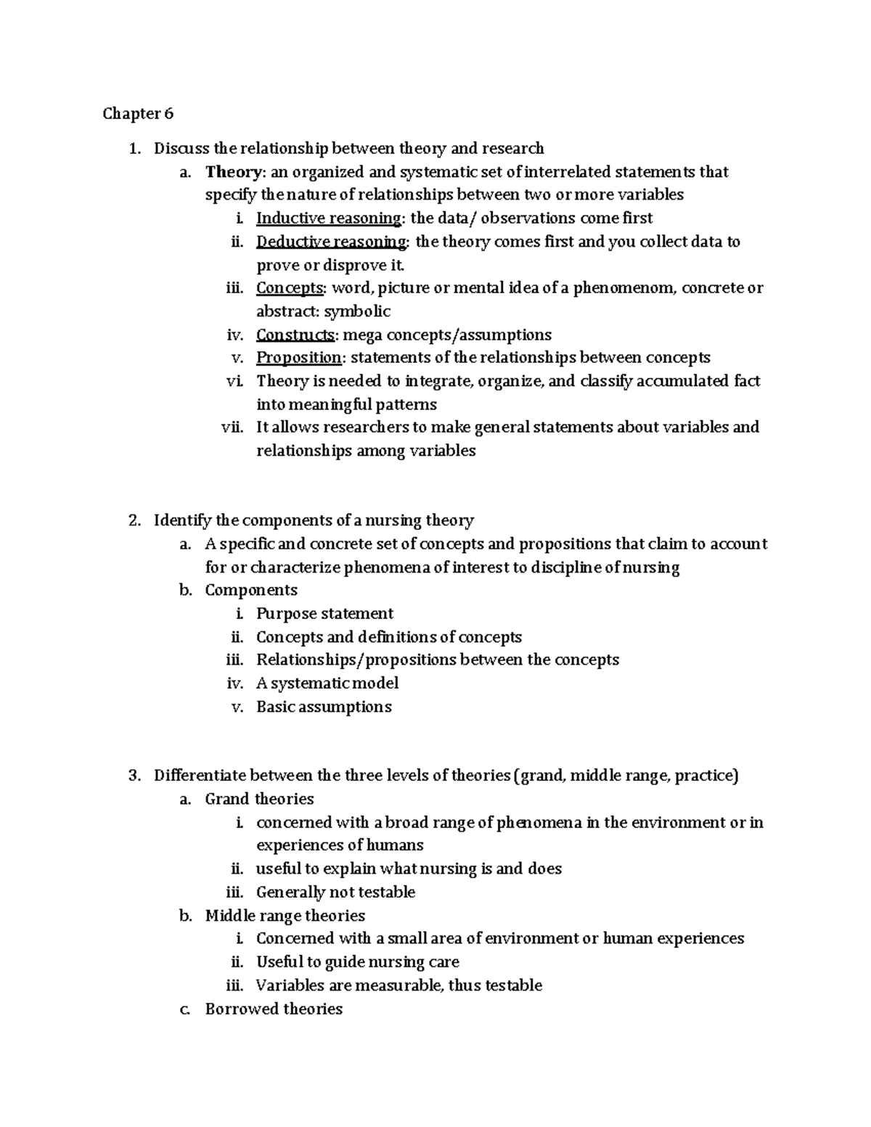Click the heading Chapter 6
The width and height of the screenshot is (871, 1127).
pyautogui.click(x=138, y=114)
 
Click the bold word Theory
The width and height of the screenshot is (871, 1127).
pyautogui.click(x=232, y=172)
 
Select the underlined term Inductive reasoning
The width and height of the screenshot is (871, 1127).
pyautogui.click(x=329, y=218)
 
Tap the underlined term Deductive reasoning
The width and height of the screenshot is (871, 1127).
pyautogui.click(x=332, y=242)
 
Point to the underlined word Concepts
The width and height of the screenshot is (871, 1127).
pyautogui.click(x=290, y=288)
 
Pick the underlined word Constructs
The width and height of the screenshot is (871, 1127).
pyautogui.click(x=295, y=335)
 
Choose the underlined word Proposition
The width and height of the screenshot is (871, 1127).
pyautogui.click(x=298, y=358)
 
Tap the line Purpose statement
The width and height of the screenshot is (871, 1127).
pyautogui.click(x=324, y=614)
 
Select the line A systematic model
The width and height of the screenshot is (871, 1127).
pyautogui.click(x=327, y=684)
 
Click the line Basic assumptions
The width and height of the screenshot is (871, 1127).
pyautogui.click(x=324, y=707)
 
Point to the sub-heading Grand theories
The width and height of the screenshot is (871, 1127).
pyautogui.click(x=259, y=799)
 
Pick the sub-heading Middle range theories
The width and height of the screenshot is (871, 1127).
pyautogui.click(x=285, y=916)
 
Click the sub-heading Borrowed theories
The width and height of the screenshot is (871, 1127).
pyautogui.click(x=274, y=1009)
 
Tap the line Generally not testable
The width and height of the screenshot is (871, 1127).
pyautogui.click(x=335, y=893)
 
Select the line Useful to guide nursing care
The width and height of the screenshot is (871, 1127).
pyautogui.click(x=357, y=962)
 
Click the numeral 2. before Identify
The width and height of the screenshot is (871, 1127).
pyautogui.click(x=134, y=521)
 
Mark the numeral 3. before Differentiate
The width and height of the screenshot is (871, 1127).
pyautogui.click(x=134, y=776)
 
